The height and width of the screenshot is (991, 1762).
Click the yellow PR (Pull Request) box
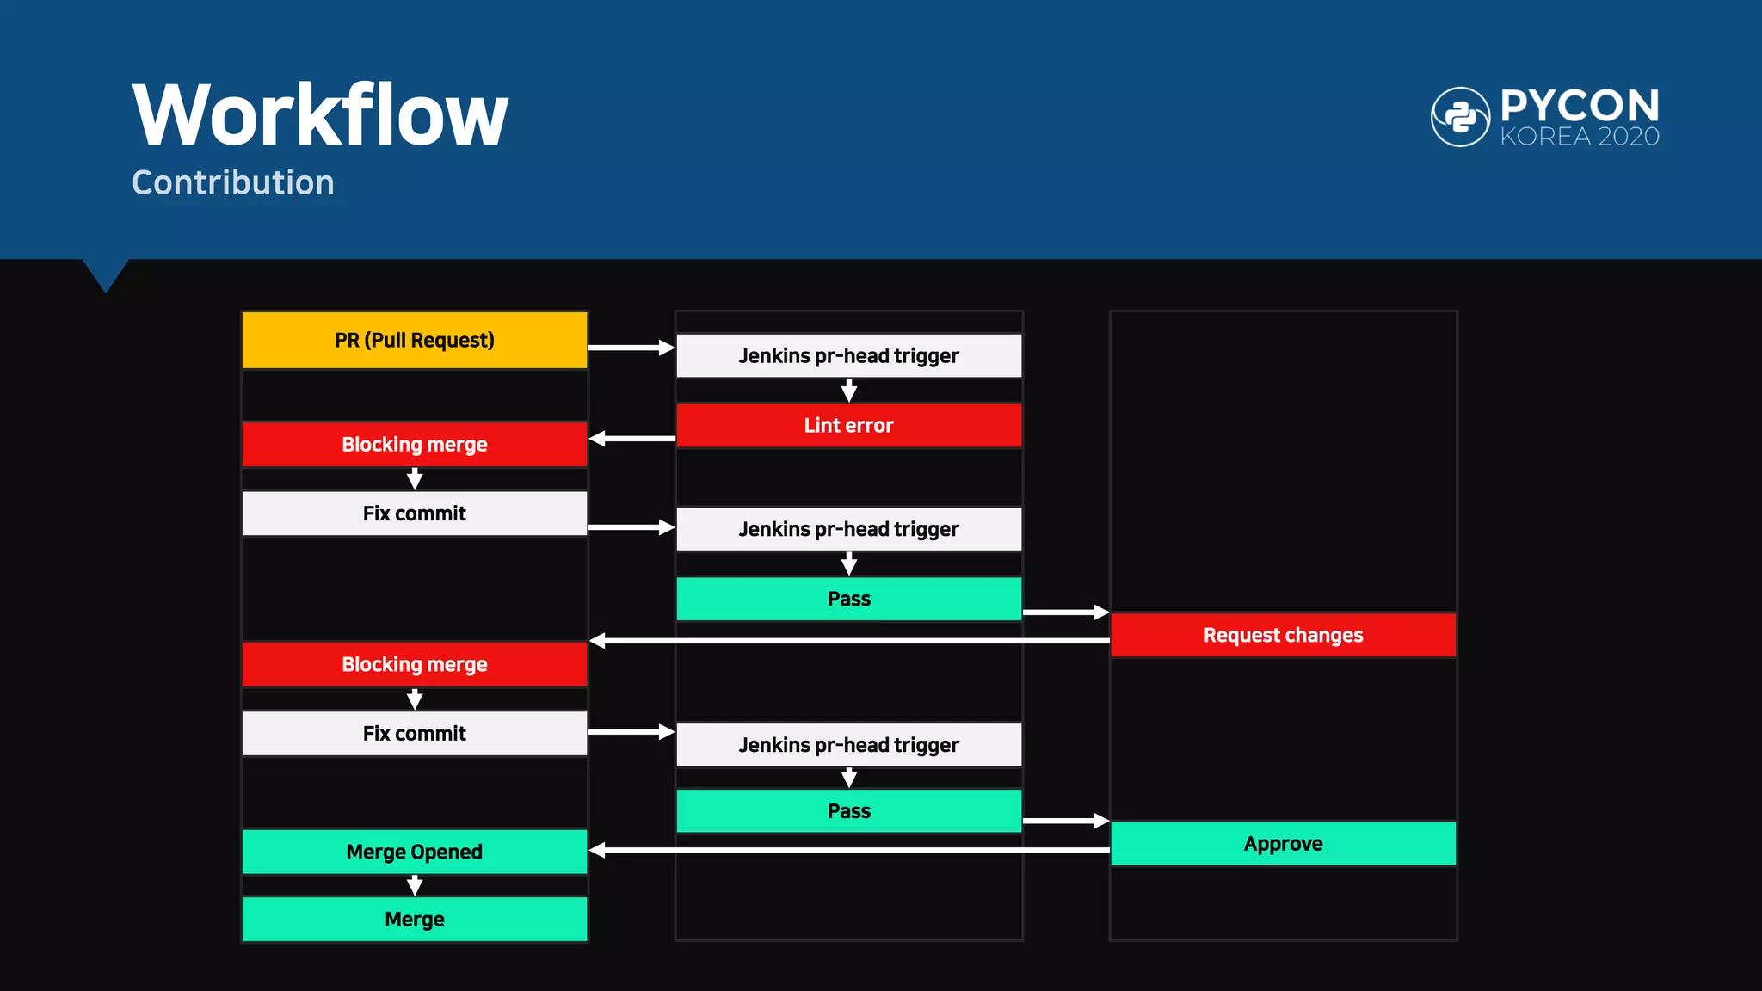tap(415, 341)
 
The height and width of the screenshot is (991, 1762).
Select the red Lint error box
tap(848, 426)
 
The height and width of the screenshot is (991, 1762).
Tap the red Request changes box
tap(1283, 635)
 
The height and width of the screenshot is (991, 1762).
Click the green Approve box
tap(1283, 844)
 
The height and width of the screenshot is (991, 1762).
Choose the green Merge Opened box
tap(415, 852)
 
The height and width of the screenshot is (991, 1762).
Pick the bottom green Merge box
tap(415, 920)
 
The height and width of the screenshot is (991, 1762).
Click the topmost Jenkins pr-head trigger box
tap(848, 356)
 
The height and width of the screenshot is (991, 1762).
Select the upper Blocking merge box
tap(415, 445)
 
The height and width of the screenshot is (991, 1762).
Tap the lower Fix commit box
tap(415, 734)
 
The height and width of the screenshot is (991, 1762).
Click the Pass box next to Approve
tap(848, 811)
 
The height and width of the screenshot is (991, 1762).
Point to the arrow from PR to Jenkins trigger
tap(631, 348)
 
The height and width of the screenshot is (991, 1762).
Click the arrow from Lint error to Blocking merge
tap(632, 439)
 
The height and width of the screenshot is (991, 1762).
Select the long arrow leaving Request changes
tap(848, 641)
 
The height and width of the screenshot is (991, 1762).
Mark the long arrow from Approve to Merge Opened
tap(848, 850)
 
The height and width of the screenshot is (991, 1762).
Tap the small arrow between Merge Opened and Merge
tap(415, 885)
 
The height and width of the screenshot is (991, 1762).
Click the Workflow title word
tap(320, 116)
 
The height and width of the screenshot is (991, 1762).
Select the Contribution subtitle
tap(233, 183)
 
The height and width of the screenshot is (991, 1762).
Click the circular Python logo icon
tap(1460, 117)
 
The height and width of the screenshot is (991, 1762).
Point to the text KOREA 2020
tap(1580, 137)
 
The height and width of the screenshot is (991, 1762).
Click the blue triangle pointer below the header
tap(106, 274)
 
